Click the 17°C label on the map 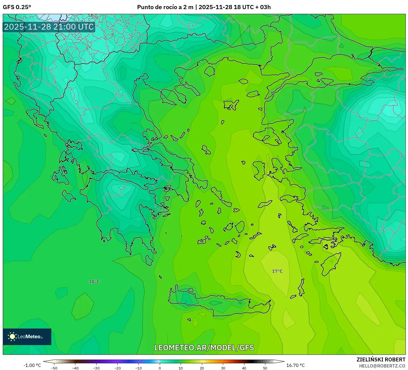click(277, 271)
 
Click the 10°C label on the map click(94, 282)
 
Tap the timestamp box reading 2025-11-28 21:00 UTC click(49, 27)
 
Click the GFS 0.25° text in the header click(17, 7)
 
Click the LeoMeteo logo click(27, 337)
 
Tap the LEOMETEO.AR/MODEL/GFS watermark click(204, 348)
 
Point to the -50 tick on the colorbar click(54, 368)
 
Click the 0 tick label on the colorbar click(159, 368)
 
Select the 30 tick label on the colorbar click(223, 368)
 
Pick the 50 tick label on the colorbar click(265, 368)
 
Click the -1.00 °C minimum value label click(32, 365)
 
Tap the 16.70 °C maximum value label click(295, 365)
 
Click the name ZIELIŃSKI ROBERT click(381, 360)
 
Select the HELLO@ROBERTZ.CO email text click(382, 366)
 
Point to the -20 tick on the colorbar click(118, 368)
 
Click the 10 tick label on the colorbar click(180, 368)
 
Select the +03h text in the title click(265, 7)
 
